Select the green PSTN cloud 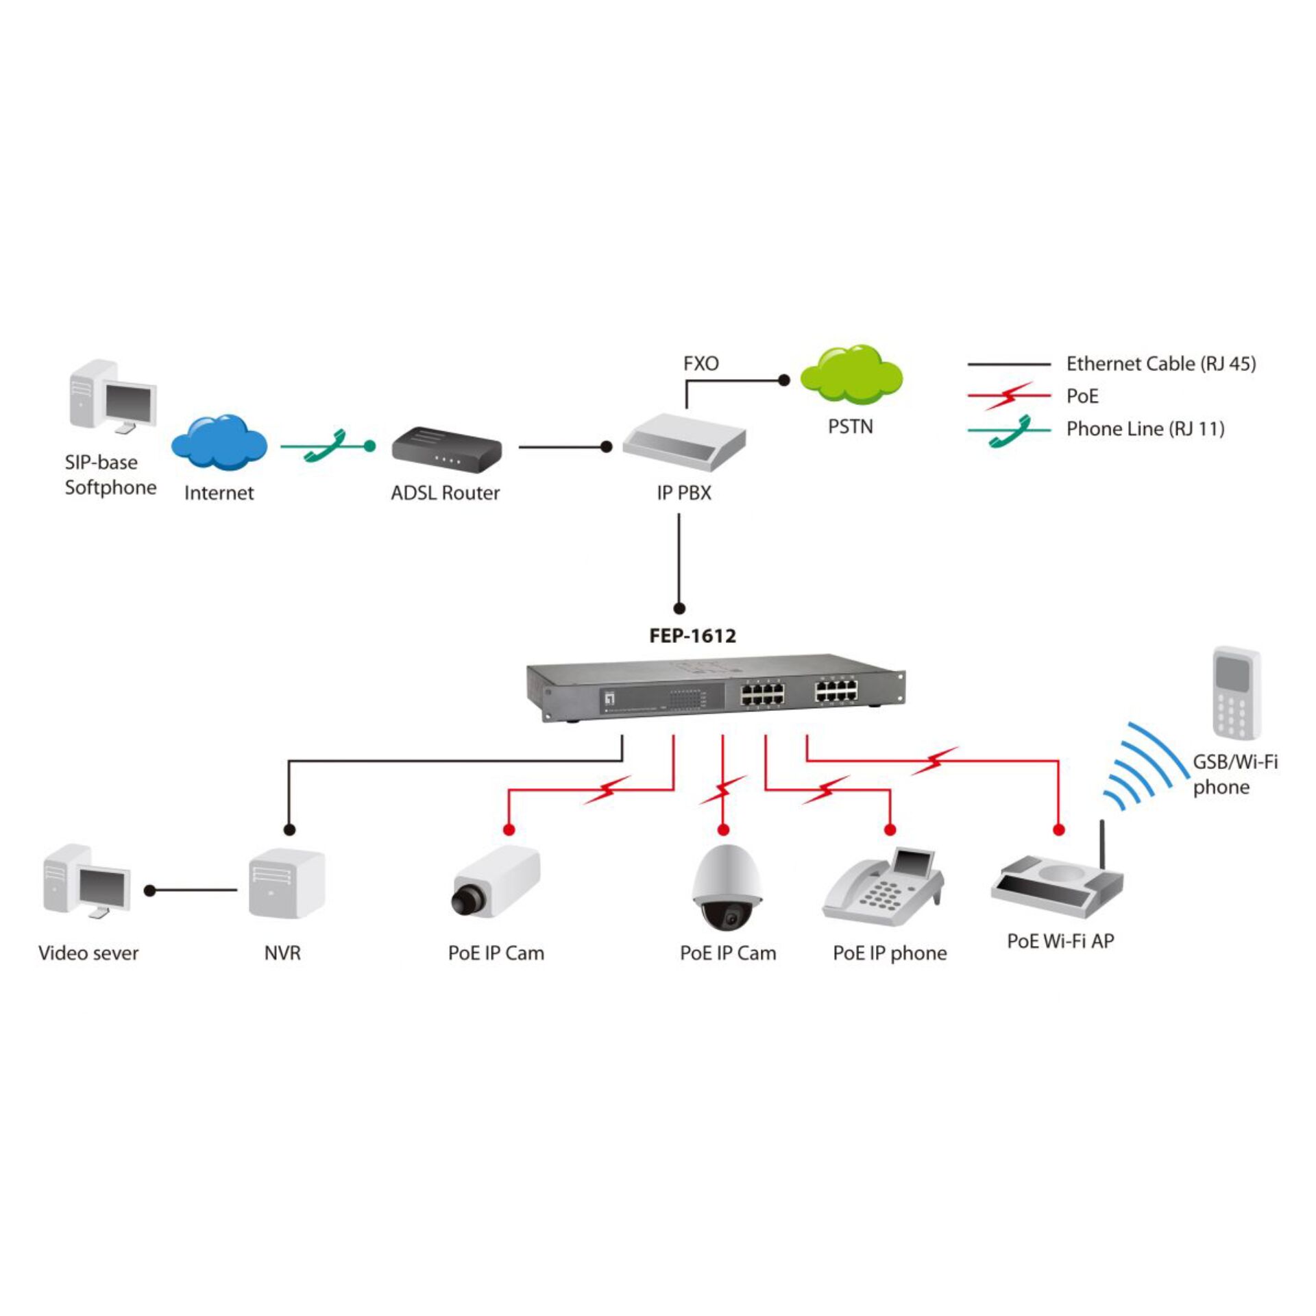point(851,374)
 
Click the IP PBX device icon point(683,443)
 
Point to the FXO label point(700,363)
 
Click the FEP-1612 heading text point(692,635)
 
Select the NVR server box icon point(286,884)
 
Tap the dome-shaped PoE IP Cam point(727,887)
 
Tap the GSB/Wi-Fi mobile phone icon point(1236,692)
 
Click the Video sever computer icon point(86,881)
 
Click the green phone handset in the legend point(1010,430)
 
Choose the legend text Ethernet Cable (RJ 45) point(1160,364)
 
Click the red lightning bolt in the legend point(1008,396)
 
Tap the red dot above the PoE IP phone point(890,830)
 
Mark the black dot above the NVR point(289,830)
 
